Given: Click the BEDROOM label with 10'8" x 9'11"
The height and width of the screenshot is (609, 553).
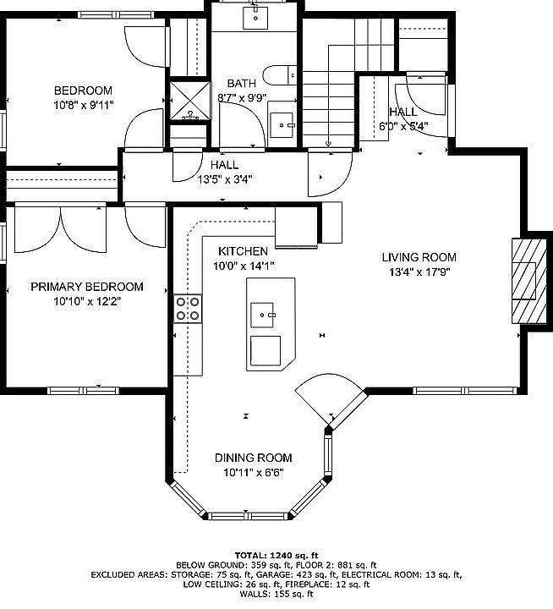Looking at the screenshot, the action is click(x=83, y=91).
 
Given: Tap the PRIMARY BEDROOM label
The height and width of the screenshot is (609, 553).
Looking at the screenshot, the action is click(x=87, y=287).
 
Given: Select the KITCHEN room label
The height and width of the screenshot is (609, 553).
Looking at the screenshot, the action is click(x=244, y=251).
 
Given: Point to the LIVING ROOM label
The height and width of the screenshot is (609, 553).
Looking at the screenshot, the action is click(x=419, y=257).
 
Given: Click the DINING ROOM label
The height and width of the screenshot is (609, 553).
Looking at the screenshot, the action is click(x=253, y=458).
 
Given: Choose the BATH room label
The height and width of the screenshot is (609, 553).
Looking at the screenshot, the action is click(x=242, y=84).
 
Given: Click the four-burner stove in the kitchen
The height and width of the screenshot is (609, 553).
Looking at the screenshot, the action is click(x=188, y=309).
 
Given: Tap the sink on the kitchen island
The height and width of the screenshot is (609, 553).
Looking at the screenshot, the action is click(x=262, y=315).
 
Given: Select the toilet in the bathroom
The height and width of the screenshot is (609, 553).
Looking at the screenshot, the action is click(x=280, y=75).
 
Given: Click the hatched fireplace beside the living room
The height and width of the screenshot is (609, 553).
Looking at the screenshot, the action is click(x=529, y=281).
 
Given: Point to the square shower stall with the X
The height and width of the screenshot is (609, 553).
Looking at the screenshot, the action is click(x=190, y=101).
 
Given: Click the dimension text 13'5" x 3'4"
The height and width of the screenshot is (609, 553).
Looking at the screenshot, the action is click(x=225, y=180).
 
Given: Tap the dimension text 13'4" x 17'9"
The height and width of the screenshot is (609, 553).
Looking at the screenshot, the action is click(x=419, y=272).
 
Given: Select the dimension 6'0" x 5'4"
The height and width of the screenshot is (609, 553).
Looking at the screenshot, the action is click(x=403, y=127).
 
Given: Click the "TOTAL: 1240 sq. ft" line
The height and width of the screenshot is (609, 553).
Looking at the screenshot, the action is click(x=276, y=556).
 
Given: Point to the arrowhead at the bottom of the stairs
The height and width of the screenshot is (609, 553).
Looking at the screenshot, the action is click(x=329, y=144).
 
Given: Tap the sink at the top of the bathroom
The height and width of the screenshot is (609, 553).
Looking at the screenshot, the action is click(x=255, y=18).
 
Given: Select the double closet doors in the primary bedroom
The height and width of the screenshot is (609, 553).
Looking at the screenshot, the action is click(x=60, y=229).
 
